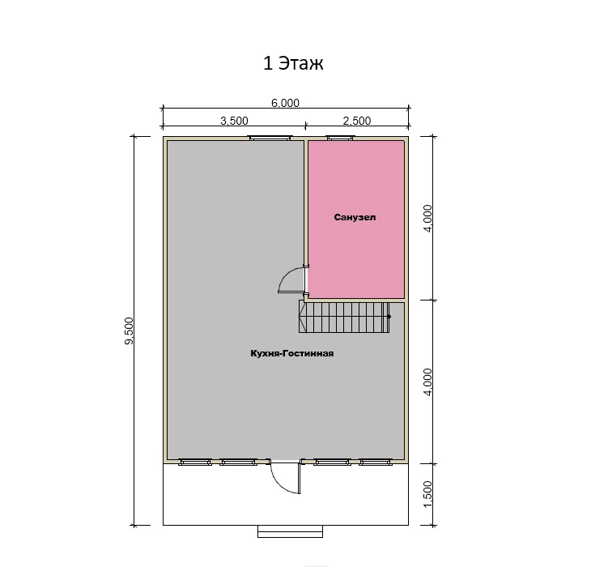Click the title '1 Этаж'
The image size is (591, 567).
pyautogui.click(x=293, y=63)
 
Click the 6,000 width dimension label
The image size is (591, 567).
pyautogui.click(x=285, y=103)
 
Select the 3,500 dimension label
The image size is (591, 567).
pyautogui.click(x=234, y=121)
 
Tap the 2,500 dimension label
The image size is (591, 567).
pyautogui.click(x=357, y=121)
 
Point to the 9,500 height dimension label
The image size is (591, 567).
pyautogui.click(x=129, y=330)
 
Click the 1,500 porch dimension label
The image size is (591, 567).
pyautogui.click(x=427, y=494)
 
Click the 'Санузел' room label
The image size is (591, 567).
pyautogui.click(x=355, y=217)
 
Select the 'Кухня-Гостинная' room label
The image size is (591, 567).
pyautogui.click(x=292, y=353)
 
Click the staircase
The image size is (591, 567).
pyautogui.click(x=344, y=317)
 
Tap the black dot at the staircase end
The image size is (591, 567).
pyautogui.click(x=389, y=317)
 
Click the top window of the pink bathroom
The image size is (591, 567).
pyautogui.click(x=340, y=139)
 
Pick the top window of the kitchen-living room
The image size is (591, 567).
pyautogui.click(x=270, y=139)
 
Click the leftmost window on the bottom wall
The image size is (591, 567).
pyautogui.click(x=194, y=462)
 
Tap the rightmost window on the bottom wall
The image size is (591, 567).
pyautogui.click(x=376, y=462)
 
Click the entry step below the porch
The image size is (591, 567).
pyautogui.click(x=290, y=531)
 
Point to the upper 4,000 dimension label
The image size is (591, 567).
pyautogui.click(x=427, y=218)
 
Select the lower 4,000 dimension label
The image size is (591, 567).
pyautogui.click(x=427, y=382)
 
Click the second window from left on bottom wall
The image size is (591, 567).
pyautogui.click(x=238, y=462)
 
